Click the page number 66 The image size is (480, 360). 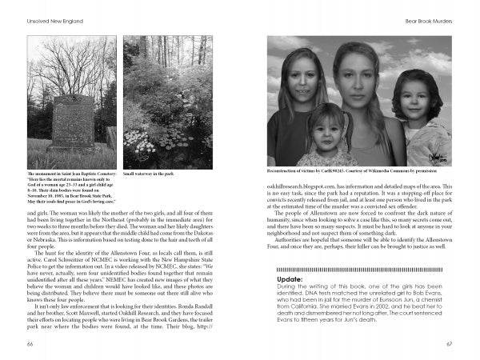(31, 344)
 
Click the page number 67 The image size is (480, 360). (450, 344)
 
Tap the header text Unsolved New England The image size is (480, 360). (54, 16)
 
